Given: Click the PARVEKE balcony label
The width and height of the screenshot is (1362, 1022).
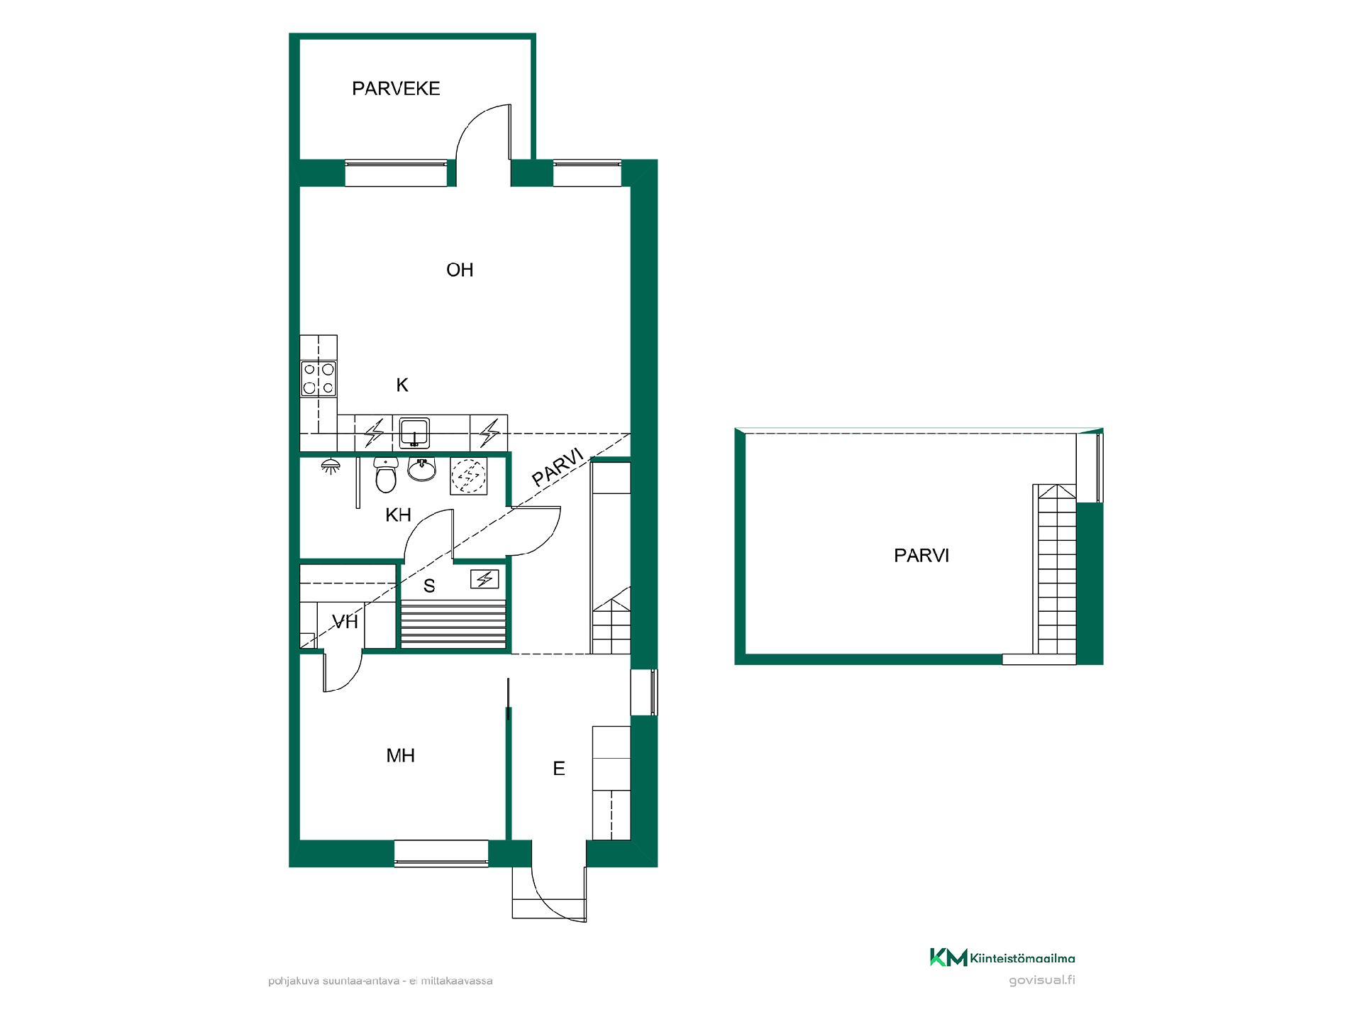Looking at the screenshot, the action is (396, 89).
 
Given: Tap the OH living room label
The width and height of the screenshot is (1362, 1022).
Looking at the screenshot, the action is (460, 270).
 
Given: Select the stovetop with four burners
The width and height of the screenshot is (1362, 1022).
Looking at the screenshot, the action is (319, 378).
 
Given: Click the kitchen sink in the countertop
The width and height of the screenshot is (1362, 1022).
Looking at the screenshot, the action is (414, 432).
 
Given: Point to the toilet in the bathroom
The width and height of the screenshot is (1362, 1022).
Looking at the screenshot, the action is (386, 475).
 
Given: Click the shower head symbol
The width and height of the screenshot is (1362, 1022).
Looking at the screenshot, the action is (329, 467).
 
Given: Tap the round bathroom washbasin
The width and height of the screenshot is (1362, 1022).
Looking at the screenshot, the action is (422, 469).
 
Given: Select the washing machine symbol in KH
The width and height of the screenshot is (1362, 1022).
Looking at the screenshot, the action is (468, 476).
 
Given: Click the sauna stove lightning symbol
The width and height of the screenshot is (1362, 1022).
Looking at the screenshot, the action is (485, 580).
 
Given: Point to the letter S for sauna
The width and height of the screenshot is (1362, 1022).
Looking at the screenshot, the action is (429, 586).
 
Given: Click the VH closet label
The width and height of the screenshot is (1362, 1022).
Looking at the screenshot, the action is (345, 622).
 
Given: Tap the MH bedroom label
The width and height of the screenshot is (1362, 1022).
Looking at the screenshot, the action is (400, 756).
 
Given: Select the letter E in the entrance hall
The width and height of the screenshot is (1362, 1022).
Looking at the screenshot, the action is (559, 769).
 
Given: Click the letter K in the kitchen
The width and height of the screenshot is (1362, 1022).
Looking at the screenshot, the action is (402, 385).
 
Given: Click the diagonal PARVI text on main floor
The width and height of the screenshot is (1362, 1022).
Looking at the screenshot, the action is (558, 466).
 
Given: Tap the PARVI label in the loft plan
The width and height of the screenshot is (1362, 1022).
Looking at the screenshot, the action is (921, 556).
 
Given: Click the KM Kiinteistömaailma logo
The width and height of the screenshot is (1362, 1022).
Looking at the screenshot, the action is (1002, 958).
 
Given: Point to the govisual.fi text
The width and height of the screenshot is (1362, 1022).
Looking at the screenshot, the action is (1041, 981).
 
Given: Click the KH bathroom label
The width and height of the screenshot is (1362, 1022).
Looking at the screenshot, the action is (398, 515).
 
